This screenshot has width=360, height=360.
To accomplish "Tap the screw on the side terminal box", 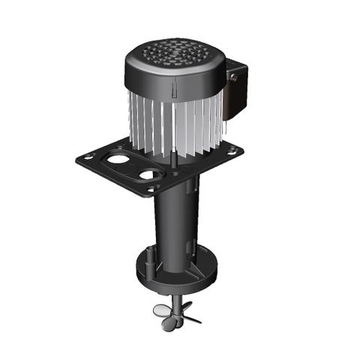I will (x=232, y=77).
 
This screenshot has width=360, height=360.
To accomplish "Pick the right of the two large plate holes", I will (x=151, y=175).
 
